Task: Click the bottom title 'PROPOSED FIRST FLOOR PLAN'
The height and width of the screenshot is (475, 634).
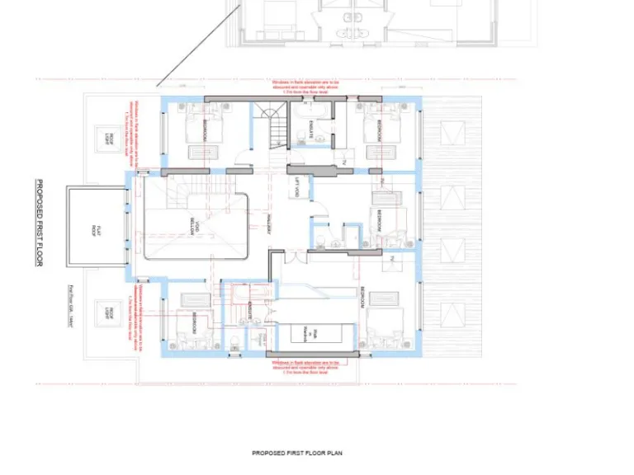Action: [296, 453]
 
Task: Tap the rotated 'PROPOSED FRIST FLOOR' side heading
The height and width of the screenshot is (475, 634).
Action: [39, 223]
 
